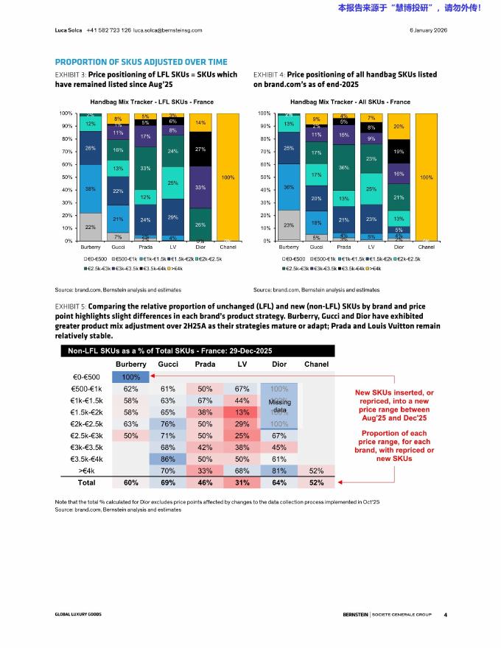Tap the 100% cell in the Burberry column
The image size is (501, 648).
pyautogui.click(x=131, y=378)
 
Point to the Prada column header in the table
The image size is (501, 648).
pyautogui.click(x=205, y=364)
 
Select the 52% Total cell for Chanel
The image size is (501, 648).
pyautogui.click(x=316, y=483)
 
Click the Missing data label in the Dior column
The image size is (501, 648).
pyautogui.click(x=279, y=406)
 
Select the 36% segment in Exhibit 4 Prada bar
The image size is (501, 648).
pyautogui.click(x=344, y=168)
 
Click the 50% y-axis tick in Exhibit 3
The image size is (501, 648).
pyautogui.click(x=66, y=177)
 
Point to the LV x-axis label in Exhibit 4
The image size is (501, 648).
pyautogui.click(x=371, y=247)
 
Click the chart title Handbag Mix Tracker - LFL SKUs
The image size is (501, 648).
pyautogui.click(x=146, y=101)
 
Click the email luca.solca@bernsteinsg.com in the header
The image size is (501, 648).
pyautogui.click(x=167, y=30)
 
